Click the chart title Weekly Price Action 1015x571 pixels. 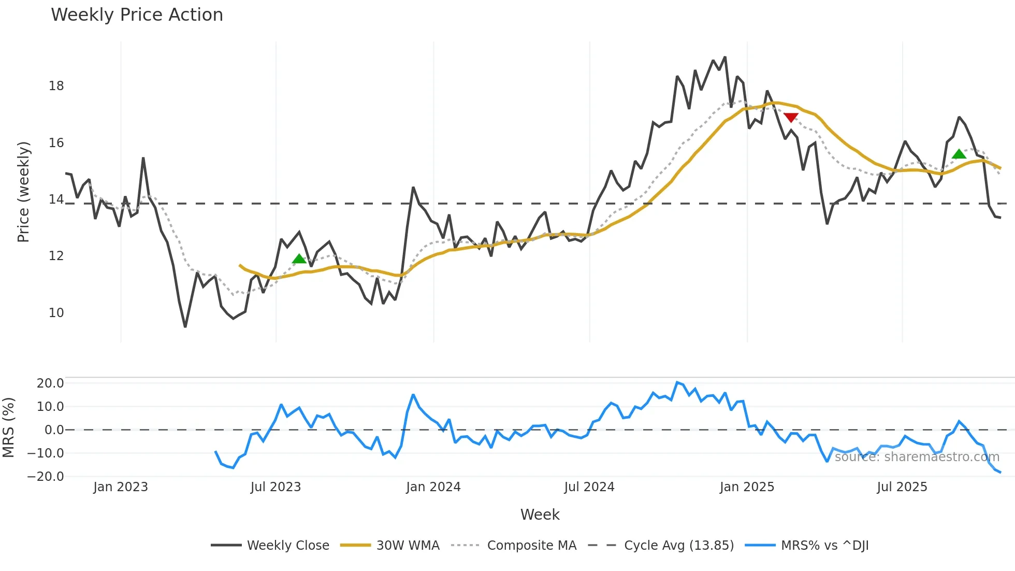(x=137, y=15)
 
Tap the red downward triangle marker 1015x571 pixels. (x=791, y=118)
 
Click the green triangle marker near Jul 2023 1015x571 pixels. (x=299, y=259)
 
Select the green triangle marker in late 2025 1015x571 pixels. (x=959, y=154)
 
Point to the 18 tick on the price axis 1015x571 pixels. (x=56, y=86)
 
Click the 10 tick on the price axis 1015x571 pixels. (x=56, y=313)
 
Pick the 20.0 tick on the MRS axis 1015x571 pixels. (x=50, y=383)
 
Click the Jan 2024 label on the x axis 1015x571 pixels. (x=433, y=487)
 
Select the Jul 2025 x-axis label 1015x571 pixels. (x=902, y=487)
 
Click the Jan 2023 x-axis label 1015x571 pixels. (x=121, y=487)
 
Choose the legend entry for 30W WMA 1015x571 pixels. (x=408, y=546)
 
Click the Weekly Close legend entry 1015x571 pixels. (x=288, y=546)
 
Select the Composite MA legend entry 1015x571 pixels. (x=531, y=546)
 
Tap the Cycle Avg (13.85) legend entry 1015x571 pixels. (x=678, y=546)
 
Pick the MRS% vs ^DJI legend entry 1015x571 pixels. (x=824, y=546)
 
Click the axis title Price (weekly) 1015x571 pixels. (x=23, y=192)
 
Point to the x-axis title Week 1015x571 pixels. (x=540, y=515)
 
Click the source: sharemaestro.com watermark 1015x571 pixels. (x=917, y=457)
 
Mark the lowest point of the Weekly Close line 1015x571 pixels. (x=185, y=326)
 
